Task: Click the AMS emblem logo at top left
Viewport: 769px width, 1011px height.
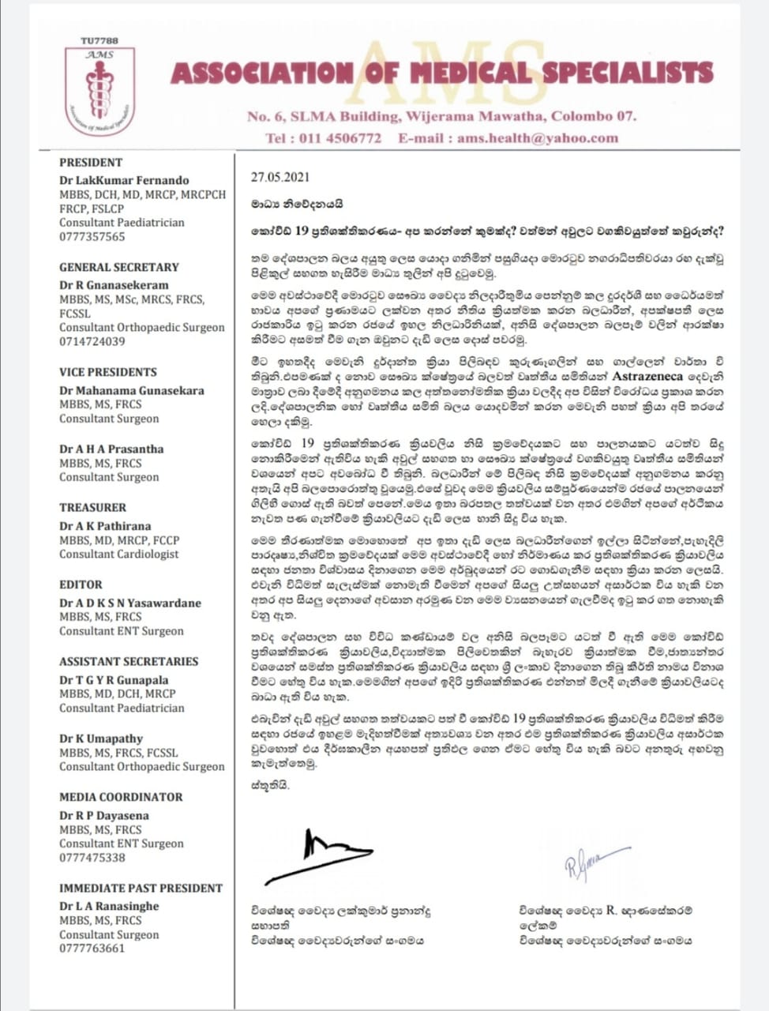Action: click(100, 89)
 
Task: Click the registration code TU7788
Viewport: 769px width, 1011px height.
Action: click(100, 40)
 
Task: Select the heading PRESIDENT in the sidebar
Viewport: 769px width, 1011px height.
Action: click(91, 162)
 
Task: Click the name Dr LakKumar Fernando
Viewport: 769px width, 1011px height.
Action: click(124, 180)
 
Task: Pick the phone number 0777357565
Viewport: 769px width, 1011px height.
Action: click(92, 237)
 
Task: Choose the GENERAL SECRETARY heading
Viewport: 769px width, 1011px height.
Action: click(119, 267)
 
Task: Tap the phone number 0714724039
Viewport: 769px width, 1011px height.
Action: click(92, 342)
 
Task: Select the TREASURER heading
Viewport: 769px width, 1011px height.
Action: click(92, 507)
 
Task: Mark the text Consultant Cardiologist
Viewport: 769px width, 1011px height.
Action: click(118, 554)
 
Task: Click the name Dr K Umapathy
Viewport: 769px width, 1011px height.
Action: click(101, 739)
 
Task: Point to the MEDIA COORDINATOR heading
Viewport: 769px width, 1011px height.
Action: click(121, 797)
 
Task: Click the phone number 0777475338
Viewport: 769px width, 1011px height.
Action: click(92, 858)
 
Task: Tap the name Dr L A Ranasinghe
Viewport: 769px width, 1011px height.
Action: click(109, 906)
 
